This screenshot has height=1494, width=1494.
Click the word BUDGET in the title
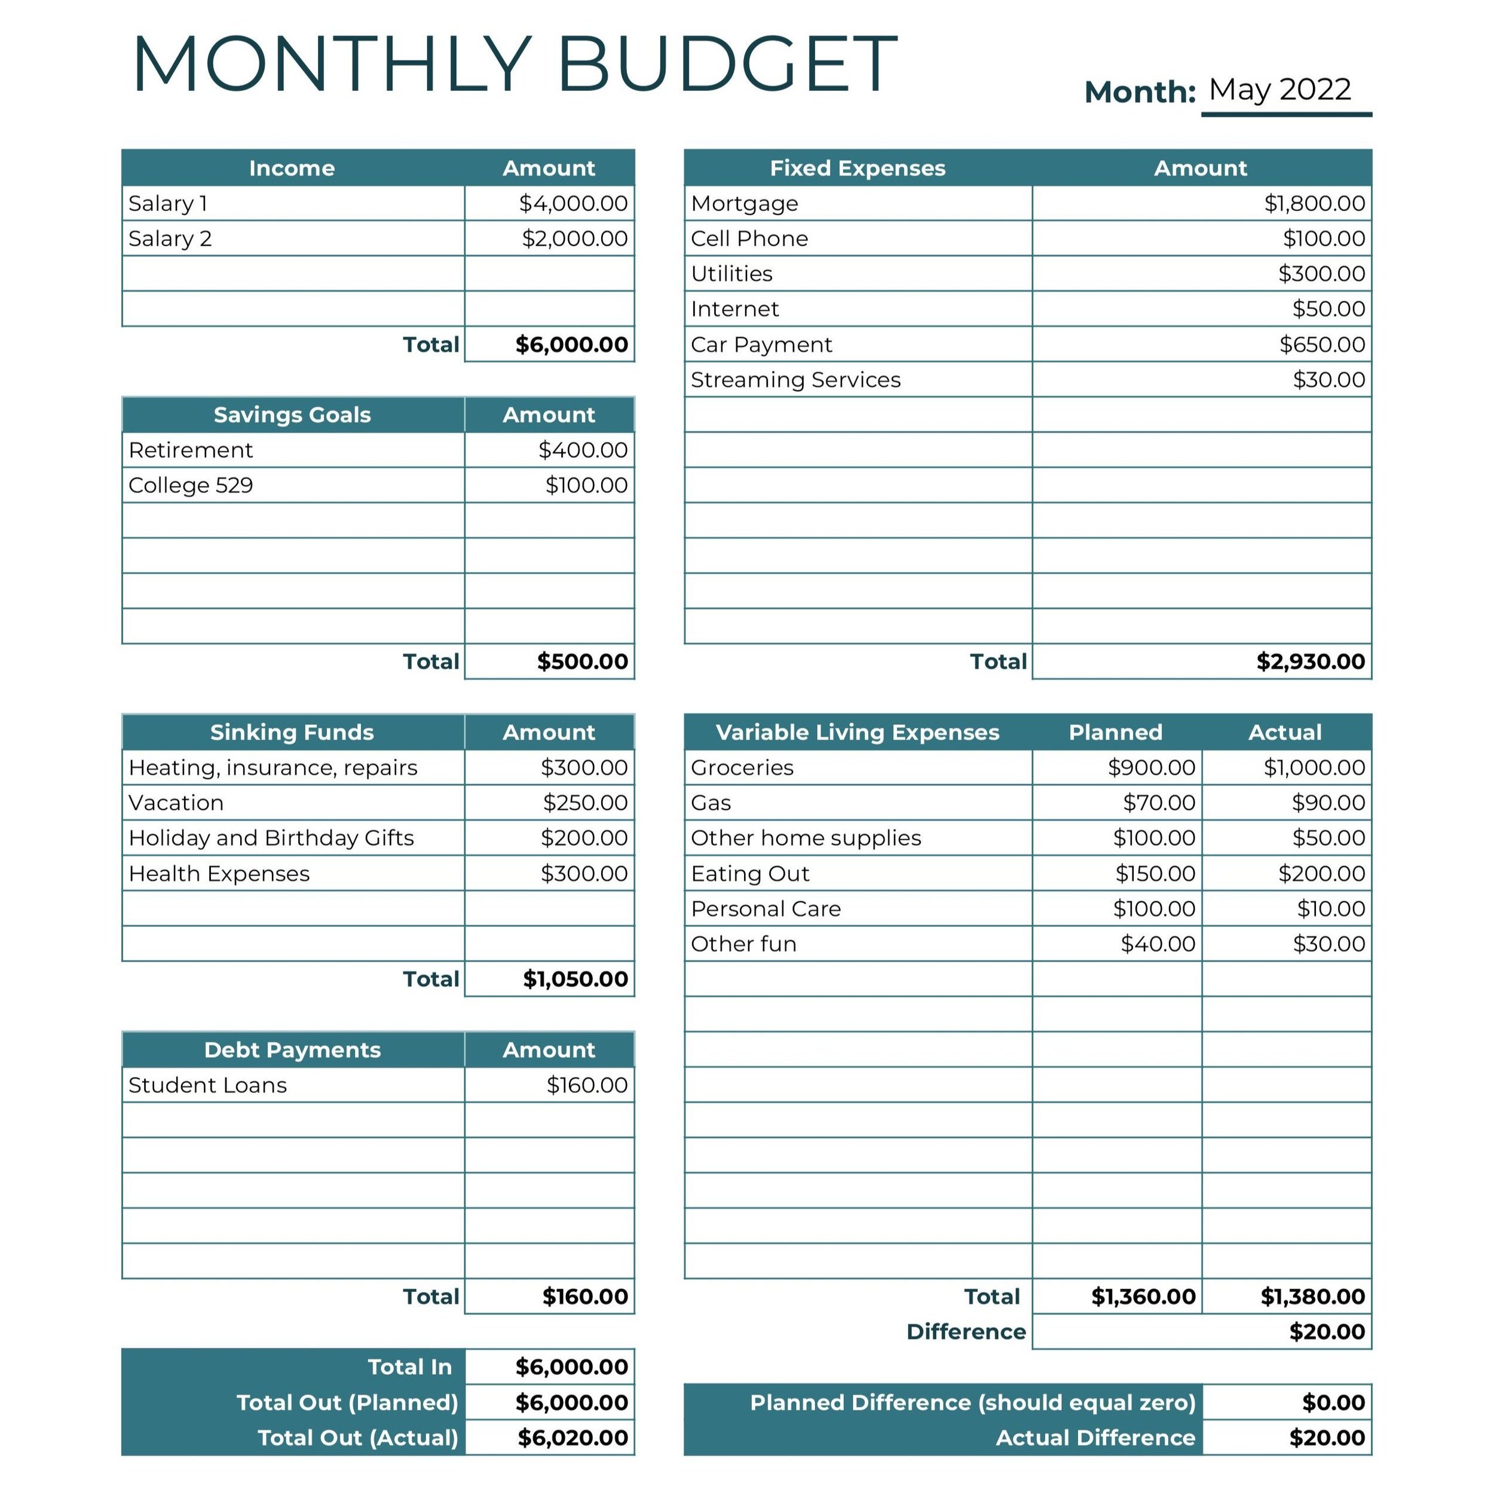coord(726,65)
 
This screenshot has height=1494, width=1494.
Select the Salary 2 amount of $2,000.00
coord(574,238)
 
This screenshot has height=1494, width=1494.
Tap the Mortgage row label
coord(744,203)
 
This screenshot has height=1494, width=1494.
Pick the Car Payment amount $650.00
coord(1321,344)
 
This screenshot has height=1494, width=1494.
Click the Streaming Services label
coord(795,379)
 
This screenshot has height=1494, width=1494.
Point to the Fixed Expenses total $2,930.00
coord(1310,661)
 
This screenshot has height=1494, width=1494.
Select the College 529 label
coord(190,485)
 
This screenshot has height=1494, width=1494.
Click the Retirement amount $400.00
coord(582,449)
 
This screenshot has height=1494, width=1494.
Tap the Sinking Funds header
coord(292,731)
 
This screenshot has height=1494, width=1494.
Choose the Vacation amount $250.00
coord(584,803)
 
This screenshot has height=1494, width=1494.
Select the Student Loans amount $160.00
coord(586,1085)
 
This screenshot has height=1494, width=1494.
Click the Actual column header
coord(1284,731)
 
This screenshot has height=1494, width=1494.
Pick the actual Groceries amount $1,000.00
coord(1314,767)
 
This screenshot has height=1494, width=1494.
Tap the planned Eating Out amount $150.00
coord(1155,873)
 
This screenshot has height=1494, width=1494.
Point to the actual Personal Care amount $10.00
coord(1330,908)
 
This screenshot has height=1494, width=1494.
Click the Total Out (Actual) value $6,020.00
coord(573,1438)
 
